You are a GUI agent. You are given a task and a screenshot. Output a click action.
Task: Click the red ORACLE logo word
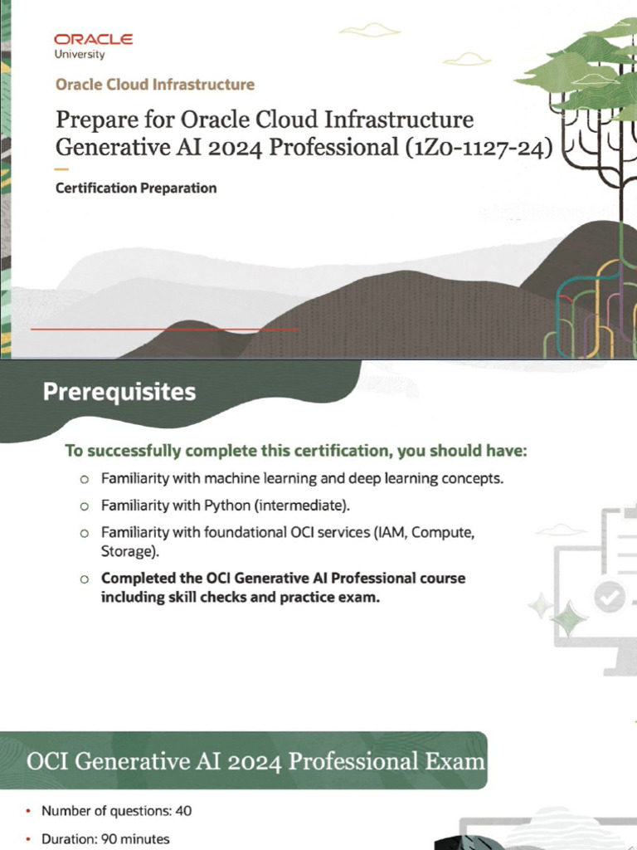point(93,39)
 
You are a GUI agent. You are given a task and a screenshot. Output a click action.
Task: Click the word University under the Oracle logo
point(79,54)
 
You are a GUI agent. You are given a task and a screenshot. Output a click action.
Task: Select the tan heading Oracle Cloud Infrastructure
point(155,85)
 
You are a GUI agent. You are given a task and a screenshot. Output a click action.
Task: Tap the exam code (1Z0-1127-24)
point(479,148)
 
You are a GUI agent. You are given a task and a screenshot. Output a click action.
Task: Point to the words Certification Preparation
point(136,188)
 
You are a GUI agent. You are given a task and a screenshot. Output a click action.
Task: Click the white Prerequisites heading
point(119,392)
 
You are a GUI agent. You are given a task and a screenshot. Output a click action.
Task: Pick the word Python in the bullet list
point(227,506)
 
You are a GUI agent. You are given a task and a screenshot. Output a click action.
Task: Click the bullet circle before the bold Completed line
point(84,579)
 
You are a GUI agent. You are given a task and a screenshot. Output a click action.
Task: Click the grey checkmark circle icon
point(610,597)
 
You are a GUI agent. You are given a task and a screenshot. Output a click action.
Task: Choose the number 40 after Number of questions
point(183,811)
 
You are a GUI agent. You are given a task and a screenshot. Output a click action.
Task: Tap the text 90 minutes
point(135,839)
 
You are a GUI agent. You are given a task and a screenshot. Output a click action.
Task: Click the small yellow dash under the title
point(61,169)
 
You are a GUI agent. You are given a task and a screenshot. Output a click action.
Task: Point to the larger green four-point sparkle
point(569,618)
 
